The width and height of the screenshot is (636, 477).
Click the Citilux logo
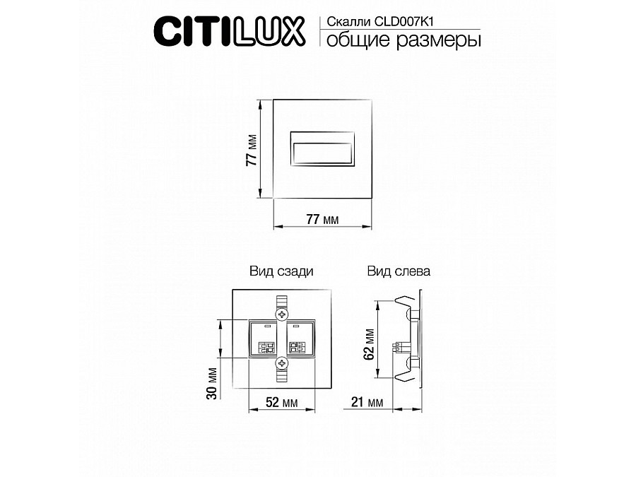pyautogui.click(x=229, y=30)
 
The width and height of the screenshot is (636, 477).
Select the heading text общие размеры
pyautogui.click(x=401, y=40)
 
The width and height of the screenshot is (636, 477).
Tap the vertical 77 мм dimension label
pyautogui.click(x=251, y=150)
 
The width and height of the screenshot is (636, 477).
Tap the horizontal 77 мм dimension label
pyautogui.click(x=322, y=219)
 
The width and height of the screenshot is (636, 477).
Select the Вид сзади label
pyautogui.click(x=281, y=271)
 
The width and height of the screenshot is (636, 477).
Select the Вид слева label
pyautogui.click(x=399, y=271)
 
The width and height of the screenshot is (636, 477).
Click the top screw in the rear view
pyautogui.click(x=282, y=312)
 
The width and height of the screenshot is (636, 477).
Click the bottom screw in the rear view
pyautogui.click(x=282, y=363)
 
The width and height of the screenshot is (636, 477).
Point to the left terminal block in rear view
pyautogui.click(x=265, y=338)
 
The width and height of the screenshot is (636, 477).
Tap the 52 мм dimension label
pyautogui.click(x=281, y=402)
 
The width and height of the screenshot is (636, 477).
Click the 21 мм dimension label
pyautogui.click(x=366, y=402)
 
